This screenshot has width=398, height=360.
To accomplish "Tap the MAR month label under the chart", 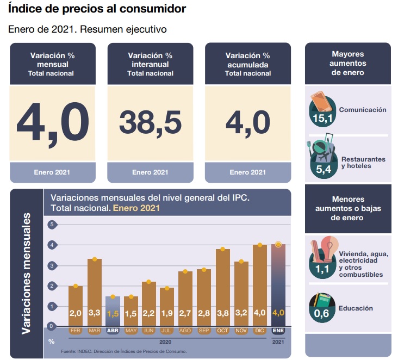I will click(95, 331).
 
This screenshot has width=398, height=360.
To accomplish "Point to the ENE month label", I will click(278, 331).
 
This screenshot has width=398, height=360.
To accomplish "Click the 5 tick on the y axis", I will click(52, 225).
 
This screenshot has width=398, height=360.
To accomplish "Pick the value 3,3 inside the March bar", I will click(95, 313).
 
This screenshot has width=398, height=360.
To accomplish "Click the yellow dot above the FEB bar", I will click(76, 286).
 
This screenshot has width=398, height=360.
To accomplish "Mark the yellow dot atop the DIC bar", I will click(260, 245).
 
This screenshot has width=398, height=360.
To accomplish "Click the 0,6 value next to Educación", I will click(321, 314).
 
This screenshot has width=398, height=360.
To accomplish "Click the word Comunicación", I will click(363, 110).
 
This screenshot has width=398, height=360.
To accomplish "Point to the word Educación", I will click(356, 308).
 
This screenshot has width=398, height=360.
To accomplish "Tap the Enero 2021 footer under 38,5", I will click(150, 173).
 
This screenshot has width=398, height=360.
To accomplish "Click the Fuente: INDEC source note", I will click(124, 351).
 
